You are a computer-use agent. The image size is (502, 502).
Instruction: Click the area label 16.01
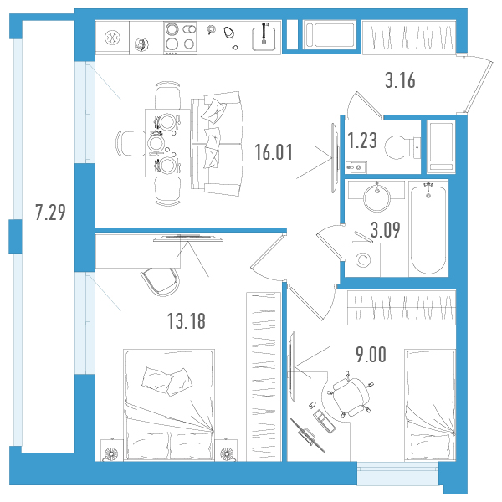(x=274, y=152)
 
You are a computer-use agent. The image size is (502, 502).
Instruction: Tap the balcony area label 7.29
(x=50, y=213)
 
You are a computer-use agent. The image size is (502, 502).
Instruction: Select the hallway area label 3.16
(x=400, y=80)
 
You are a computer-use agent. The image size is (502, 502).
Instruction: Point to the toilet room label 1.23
(x=362, y=141)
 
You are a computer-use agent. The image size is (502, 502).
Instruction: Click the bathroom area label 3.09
(x=385, y=229)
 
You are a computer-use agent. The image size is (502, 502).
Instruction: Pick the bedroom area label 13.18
(x=187, y=321)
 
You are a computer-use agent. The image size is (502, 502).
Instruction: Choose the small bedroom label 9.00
(x=371, y=355)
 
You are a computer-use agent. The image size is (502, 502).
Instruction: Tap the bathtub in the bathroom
(x=428, y=228)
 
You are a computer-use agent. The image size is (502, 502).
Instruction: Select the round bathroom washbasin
(x=376, y=197)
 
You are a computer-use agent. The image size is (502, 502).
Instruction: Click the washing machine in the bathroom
(x=363, y=259)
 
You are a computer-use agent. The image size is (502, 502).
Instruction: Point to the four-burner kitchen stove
(x=180, y=38)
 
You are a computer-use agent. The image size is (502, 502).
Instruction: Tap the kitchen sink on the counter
(x=264, y=38)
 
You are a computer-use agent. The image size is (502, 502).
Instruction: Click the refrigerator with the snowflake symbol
(x=112, y=38)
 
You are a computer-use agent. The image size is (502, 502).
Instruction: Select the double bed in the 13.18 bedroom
(x=169, y=405)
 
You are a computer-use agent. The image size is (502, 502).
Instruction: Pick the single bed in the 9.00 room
(x=430, y=405)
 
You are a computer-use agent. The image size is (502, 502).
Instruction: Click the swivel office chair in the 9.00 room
(x=350, y=397)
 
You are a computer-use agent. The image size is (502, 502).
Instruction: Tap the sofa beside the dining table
(x=217, y=143)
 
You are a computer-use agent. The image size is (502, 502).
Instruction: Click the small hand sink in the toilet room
(x=356, y=167)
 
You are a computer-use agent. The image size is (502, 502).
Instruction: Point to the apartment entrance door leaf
(x=479, y=86)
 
